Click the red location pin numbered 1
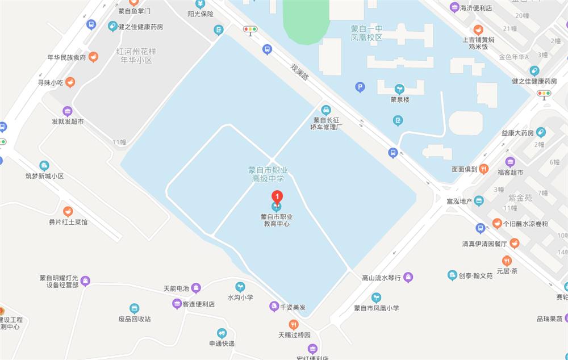[x=277, y=198]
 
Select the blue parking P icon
[x=360, y=87]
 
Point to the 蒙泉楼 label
[x=400, y=99]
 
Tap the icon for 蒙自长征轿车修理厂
[x=326, y=110]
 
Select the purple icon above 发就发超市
[x=68, y=111]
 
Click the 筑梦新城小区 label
[x=44, y=176]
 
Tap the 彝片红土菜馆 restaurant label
[x=68, y=222]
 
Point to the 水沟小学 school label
[x=240, y=297]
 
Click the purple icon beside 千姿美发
[x=273, y=307]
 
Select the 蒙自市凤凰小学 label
[x=377, y=308]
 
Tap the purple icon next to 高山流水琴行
[x=408, y=278]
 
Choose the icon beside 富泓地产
[x=479, y=200]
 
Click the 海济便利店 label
[x=475, y=8]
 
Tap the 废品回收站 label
[x=135, y=319]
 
